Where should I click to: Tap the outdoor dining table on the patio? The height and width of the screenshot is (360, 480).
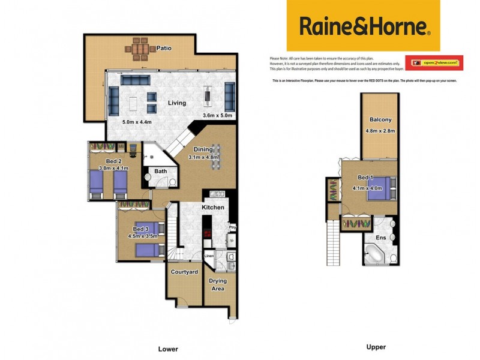coord(139,46)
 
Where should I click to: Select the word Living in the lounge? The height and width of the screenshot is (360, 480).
coord(176,103)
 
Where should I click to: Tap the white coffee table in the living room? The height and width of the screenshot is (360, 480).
coord(133,103)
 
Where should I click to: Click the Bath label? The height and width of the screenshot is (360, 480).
coord(161,172)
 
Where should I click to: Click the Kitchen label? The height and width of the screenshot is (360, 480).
coord(213,208)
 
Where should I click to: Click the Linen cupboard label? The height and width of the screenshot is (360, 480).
coord(209,256)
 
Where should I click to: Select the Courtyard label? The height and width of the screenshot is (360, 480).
coord(184,272)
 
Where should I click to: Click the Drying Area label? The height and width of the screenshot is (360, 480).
coord(220,284)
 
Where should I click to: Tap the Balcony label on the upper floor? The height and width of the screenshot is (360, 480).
coord(381,119)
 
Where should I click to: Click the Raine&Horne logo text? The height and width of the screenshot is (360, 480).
coord(363,26)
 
